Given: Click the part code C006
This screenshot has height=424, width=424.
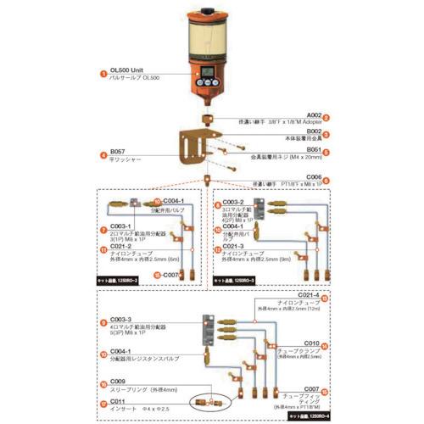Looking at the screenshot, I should coord(314,176).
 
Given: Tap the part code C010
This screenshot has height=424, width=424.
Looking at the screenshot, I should coord(310,343).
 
